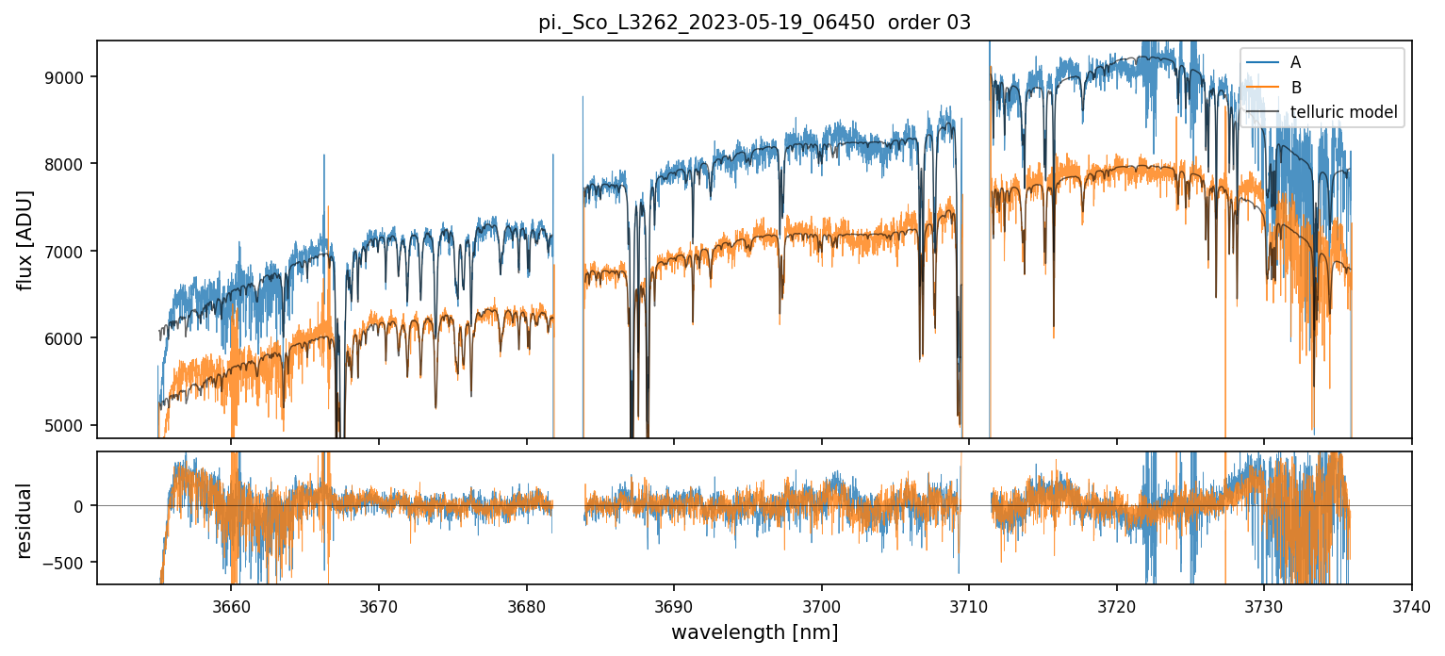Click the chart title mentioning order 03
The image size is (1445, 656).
(754, 22)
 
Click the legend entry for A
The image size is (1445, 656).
(1295, 62)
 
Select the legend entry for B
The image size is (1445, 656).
(1295, 88)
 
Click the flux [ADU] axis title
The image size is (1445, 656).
(25, 239)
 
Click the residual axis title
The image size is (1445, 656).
(25, 519)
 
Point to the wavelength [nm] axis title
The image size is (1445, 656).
(754, 632)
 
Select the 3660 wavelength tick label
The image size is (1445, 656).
(231, 605)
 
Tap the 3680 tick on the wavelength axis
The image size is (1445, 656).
(526, 605)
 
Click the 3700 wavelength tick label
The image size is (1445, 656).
(821, 605)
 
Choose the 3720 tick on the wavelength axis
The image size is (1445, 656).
(1116, 605)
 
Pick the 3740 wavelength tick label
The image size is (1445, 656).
(1411, 605)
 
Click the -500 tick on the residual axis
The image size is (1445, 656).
(68, 563)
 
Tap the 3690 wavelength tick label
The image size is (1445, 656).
(674, 605)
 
